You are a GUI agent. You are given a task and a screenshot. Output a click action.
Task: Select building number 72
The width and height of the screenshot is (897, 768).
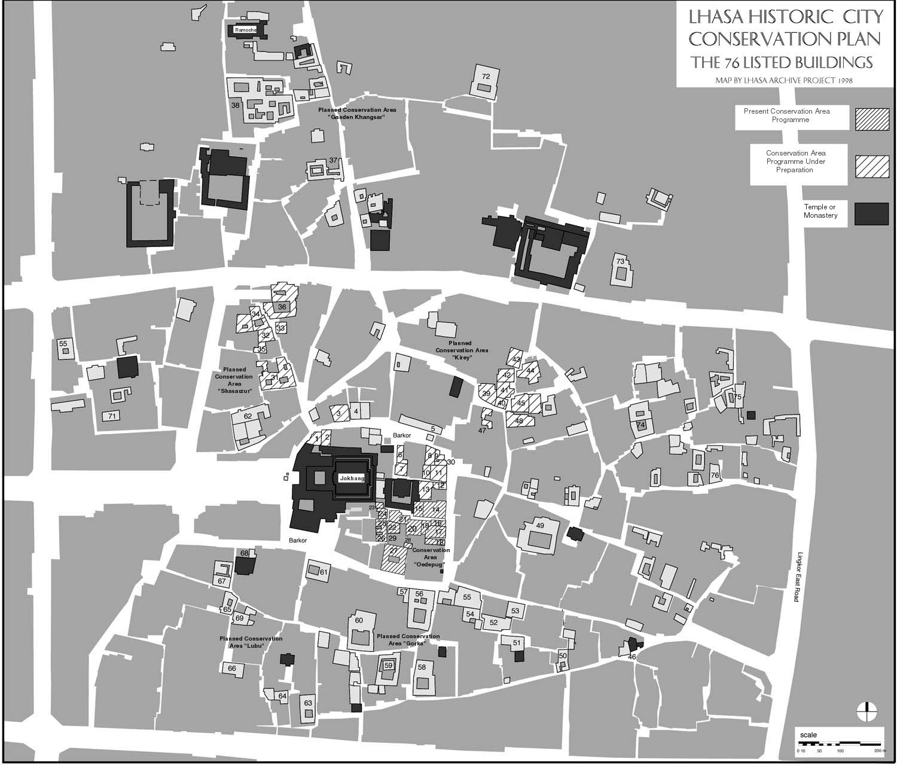click(486, 77)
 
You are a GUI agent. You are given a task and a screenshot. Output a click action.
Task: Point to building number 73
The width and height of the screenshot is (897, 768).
click(620, 261)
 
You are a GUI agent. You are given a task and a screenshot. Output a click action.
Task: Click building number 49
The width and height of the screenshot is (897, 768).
click(539, 526)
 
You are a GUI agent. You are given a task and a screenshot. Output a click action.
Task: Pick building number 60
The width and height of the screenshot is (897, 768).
click(359, 621)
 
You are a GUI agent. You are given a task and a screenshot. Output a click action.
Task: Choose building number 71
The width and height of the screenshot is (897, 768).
click(111, 415)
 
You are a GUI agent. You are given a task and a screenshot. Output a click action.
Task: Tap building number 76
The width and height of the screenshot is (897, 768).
click(715, 476)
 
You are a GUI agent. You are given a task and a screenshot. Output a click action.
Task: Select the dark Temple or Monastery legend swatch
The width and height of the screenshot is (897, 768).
click(871, 214)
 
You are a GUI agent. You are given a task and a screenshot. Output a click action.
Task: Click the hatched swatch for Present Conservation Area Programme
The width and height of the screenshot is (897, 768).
click(871, 119)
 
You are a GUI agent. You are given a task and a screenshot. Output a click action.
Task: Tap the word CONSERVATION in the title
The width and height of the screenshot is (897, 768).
click(785, 39)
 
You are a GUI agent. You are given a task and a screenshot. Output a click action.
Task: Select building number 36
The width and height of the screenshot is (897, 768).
click(282, 307)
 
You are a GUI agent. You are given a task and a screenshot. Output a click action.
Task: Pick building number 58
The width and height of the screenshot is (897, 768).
click(422, 667)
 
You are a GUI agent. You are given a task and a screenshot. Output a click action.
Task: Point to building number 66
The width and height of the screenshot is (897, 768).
click(232, 668)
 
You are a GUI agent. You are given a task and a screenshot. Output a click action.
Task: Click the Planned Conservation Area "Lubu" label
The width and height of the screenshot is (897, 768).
click(251, 642)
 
